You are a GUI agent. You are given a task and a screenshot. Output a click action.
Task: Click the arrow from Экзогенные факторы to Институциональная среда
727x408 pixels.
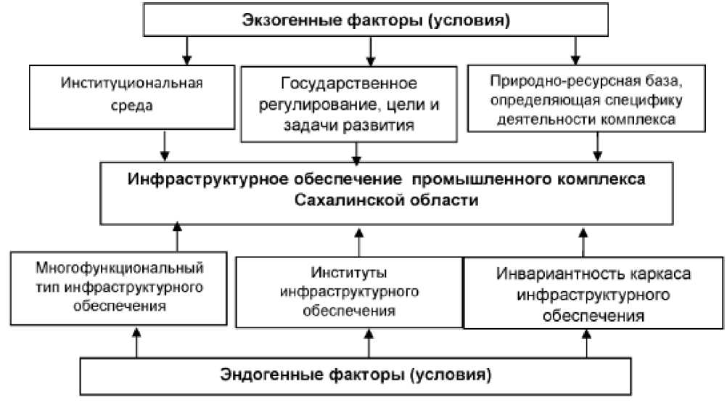coord(187,50)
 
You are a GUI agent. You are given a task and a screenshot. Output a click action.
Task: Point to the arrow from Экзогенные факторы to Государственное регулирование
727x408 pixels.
coord(371,50)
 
